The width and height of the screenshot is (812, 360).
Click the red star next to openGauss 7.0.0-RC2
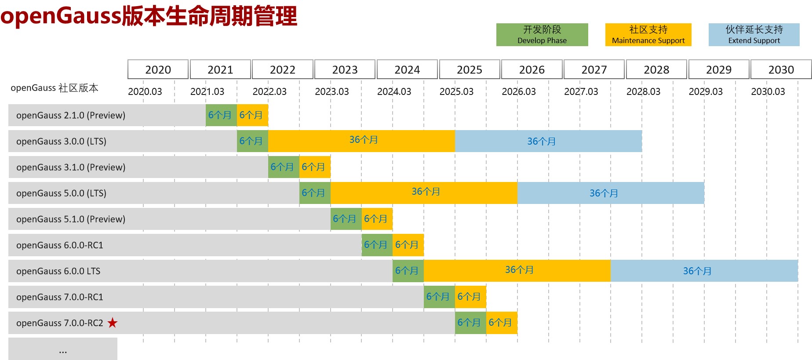pyautogui.click(x=113, y=323)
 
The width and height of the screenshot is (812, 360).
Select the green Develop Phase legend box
pyautogui.click(x=542, y=35)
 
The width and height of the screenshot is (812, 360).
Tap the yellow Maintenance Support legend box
pyautogui.click(x=648, y=35)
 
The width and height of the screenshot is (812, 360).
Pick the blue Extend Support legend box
pyautogui.click(x=754, y=35)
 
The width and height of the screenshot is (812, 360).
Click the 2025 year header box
pyautogui.click(x=470, y=69)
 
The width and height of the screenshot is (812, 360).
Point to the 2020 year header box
pyautogui.click(x=158, y=69)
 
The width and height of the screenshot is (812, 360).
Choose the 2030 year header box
pyautogui.click(x=781, y=69)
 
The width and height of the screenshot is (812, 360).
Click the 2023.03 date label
pyautogui.click(x=331, y=91)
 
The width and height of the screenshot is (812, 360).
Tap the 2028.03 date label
pyautogui.click(x=643, y=91)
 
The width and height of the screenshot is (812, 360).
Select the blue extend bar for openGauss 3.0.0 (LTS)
pyautogui.click(x=548, y=141)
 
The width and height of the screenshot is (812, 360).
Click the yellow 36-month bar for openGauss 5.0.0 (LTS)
pyautogui.click(x=424, y=193)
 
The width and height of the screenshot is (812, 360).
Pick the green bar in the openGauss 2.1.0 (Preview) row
pyautogui.click(x=221, y=115)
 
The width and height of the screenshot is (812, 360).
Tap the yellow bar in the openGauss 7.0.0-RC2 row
pyautogui.click(x=502, y=323)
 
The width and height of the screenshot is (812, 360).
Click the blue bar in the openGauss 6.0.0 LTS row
pyautogui.click(x=704, y=271)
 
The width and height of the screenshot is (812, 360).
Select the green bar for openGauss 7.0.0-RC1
pyautogui.click(x=439, y=297)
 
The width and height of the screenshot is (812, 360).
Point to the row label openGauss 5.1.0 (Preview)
pyautogui.click(x=71, y=219)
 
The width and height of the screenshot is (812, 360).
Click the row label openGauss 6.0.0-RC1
pyautogui.click(x=60, y=245)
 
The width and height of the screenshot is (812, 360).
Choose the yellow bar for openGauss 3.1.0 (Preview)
pyautogui.click(x=315, y=167)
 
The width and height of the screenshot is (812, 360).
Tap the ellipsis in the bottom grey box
pyautogui.click(x=63, y=351)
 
